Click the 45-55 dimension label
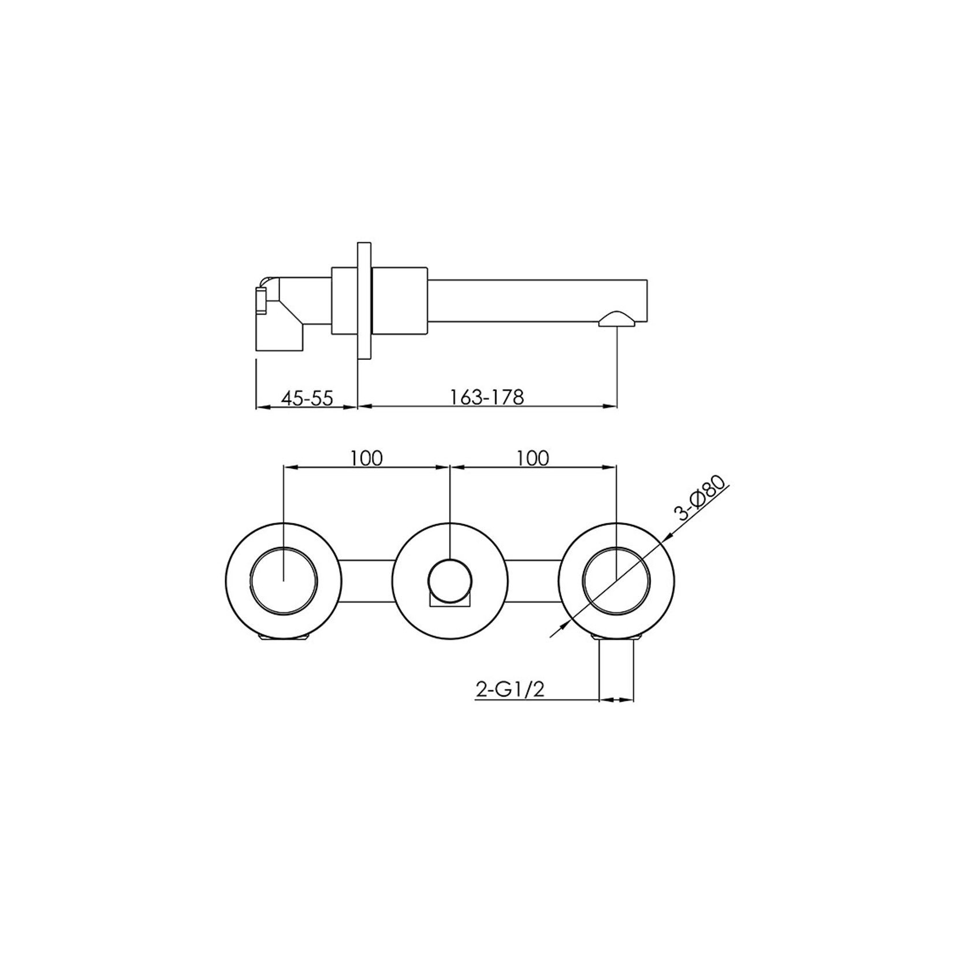click(x=307, y=398)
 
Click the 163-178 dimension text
click(x=486, y=397)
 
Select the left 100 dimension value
click(x=366, y=458)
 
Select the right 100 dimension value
click(x=533, y=458)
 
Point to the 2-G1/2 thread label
click(x=509, y=690)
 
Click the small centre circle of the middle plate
click(x=449, y=579)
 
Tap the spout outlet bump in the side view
click(x=617, y=319)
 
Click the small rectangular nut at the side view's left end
click(x=261, y=301)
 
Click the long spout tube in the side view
click(x=537, y=300)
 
